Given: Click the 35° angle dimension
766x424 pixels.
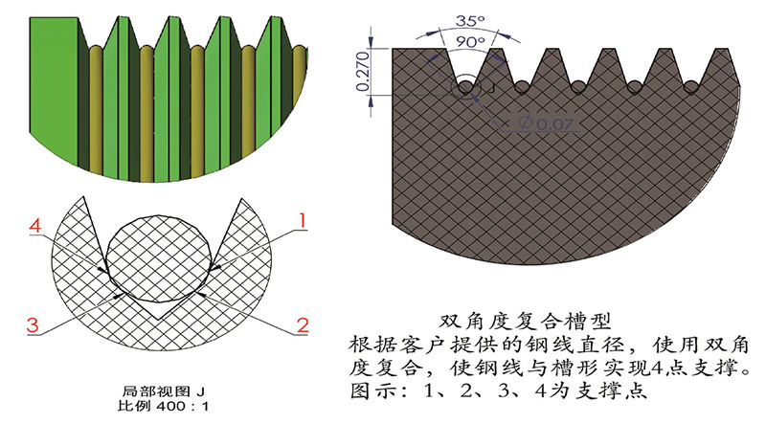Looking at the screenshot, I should click(466, 18).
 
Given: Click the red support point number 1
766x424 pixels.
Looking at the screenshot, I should click(301, 220).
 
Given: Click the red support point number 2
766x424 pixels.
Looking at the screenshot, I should click(302, 324).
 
